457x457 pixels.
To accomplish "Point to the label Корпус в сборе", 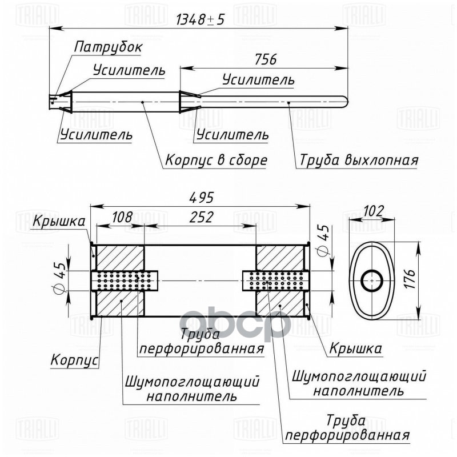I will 216,160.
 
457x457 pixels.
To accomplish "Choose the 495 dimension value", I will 201,198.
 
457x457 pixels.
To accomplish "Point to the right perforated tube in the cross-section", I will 273,280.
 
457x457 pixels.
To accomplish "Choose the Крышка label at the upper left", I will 59,221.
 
